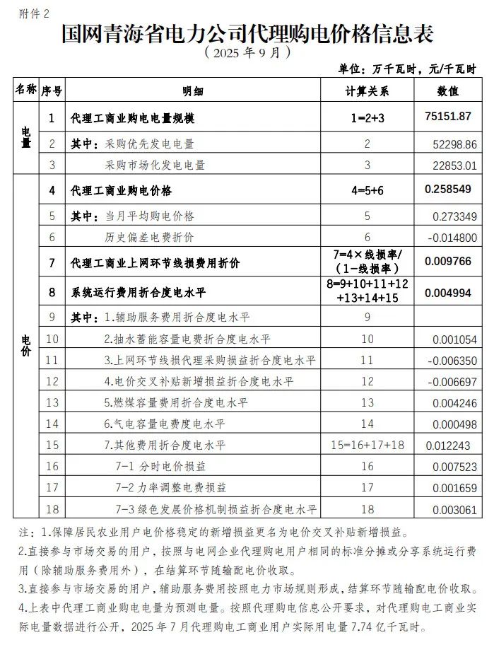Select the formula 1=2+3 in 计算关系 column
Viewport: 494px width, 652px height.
367,118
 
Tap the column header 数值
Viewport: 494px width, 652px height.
447,91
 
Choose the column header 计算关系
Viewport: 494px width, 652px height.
367,91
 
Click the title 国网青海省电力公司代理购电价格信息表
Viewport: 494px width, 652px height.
247,33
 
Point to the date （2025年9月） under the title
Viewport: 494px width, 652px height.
247,52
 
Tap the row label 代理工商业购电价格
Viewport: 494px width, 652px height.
121,191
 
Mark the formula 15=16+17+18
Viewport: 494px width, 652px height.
367,445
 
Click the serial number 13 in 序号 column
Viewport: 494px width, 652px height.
52,402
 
